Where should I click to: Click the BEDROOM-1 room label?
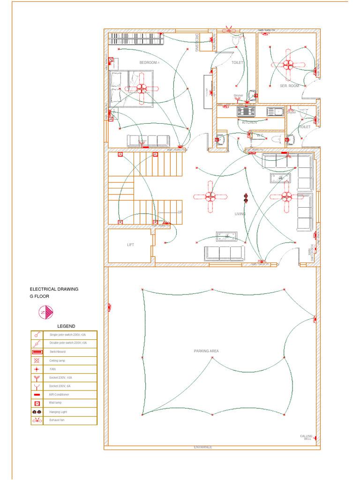[x=150, y=62]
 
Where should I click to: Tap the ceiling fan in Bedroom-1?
[x=142, y=88]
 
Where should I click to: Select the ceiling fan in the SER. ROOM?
[x=288, y=64]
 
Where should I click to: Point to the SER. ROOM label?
[x=289, y=86]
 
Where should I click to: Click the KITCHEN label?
[x=249, y=122]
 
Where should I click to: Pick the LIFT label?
[x=130, y=245]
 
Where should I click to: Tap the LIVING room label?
[x=240, y=214]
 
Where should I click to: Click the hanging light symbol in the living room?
[x=245, y=198]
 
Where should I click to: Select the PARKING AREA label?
[x=206, y=351]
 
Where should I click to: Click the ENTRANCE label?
[x=203, y=447]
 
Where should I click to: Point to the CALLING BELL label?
[x=306, y=437]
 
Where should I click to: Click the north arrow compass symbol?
[x=46, y=312]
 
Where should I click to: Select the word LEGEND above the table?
[x=66, y=326]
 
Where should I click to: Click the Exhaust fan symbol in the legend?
[x=37, y=420]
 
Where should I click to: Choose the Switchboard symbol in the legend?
[x=37, y=352]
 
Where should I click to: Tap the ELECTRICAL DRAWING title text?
[x=54, y=289]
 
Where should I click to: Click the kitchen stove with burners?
[x=246, y=112]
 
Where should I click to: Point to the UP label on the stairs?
[x=179, y=212]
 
